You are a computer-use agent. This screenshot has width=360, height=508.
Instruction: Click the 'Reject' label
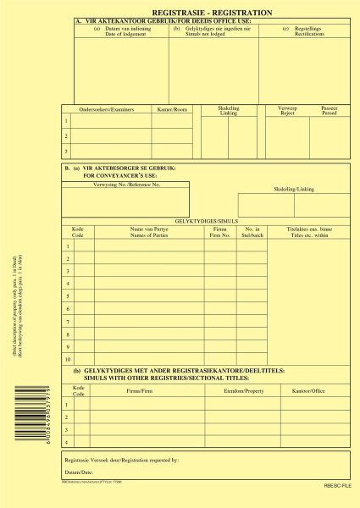[287, 113]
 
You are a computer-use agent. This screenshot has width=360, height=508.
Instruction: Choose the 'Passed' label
[329, 113]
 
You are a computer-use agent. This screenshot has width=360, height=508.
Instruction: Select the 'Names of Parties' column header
[147, 234]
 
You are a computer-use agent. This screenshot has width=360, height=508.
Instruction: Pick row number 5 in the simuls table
[68, 295]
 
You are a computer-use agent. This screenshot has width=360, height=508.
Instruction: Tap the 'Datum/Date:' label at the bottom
[79, 471]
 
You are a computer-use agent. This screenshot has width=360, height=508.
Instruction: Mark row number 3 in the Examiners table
[66, 152]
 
